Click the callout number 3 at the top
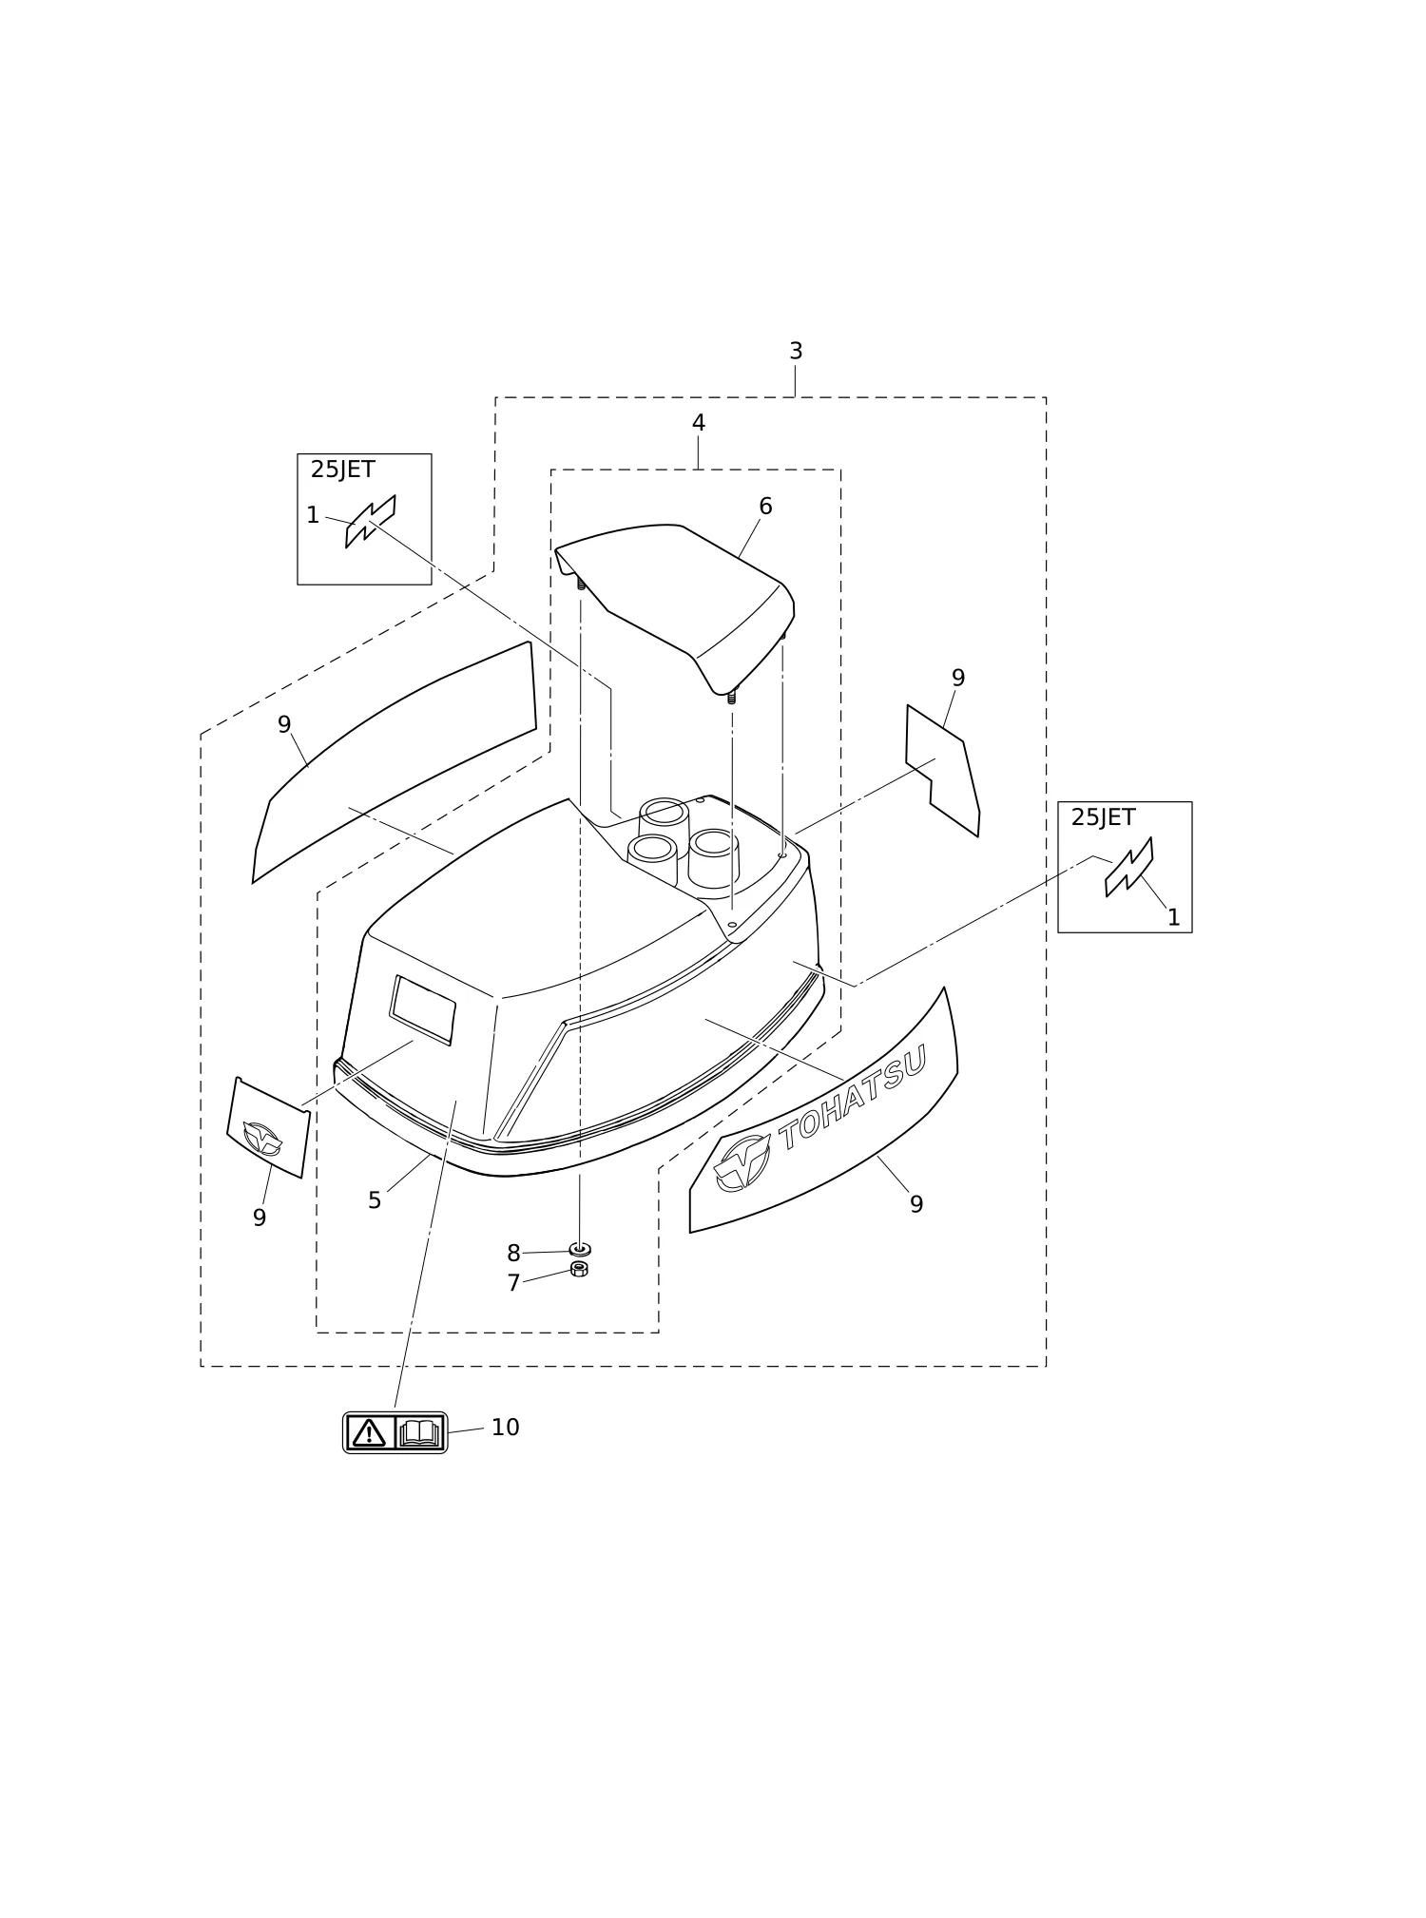(x=796, y=352)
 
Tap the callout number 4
(x=699, y=424)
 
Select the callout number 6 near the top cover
(x=765, y=508)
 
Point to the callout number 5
(x=375, y=1201)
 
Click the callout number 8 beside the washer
(x=513, y=1254)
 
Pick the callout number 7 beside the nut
(x=513, y=1284)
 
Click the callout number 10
(x=506, y=1428)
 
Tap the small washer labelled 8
(x=580, y=1249)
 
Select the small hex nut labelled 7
(x=579, y=1269)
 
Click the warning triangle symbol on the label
(x=369, y=1432)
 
